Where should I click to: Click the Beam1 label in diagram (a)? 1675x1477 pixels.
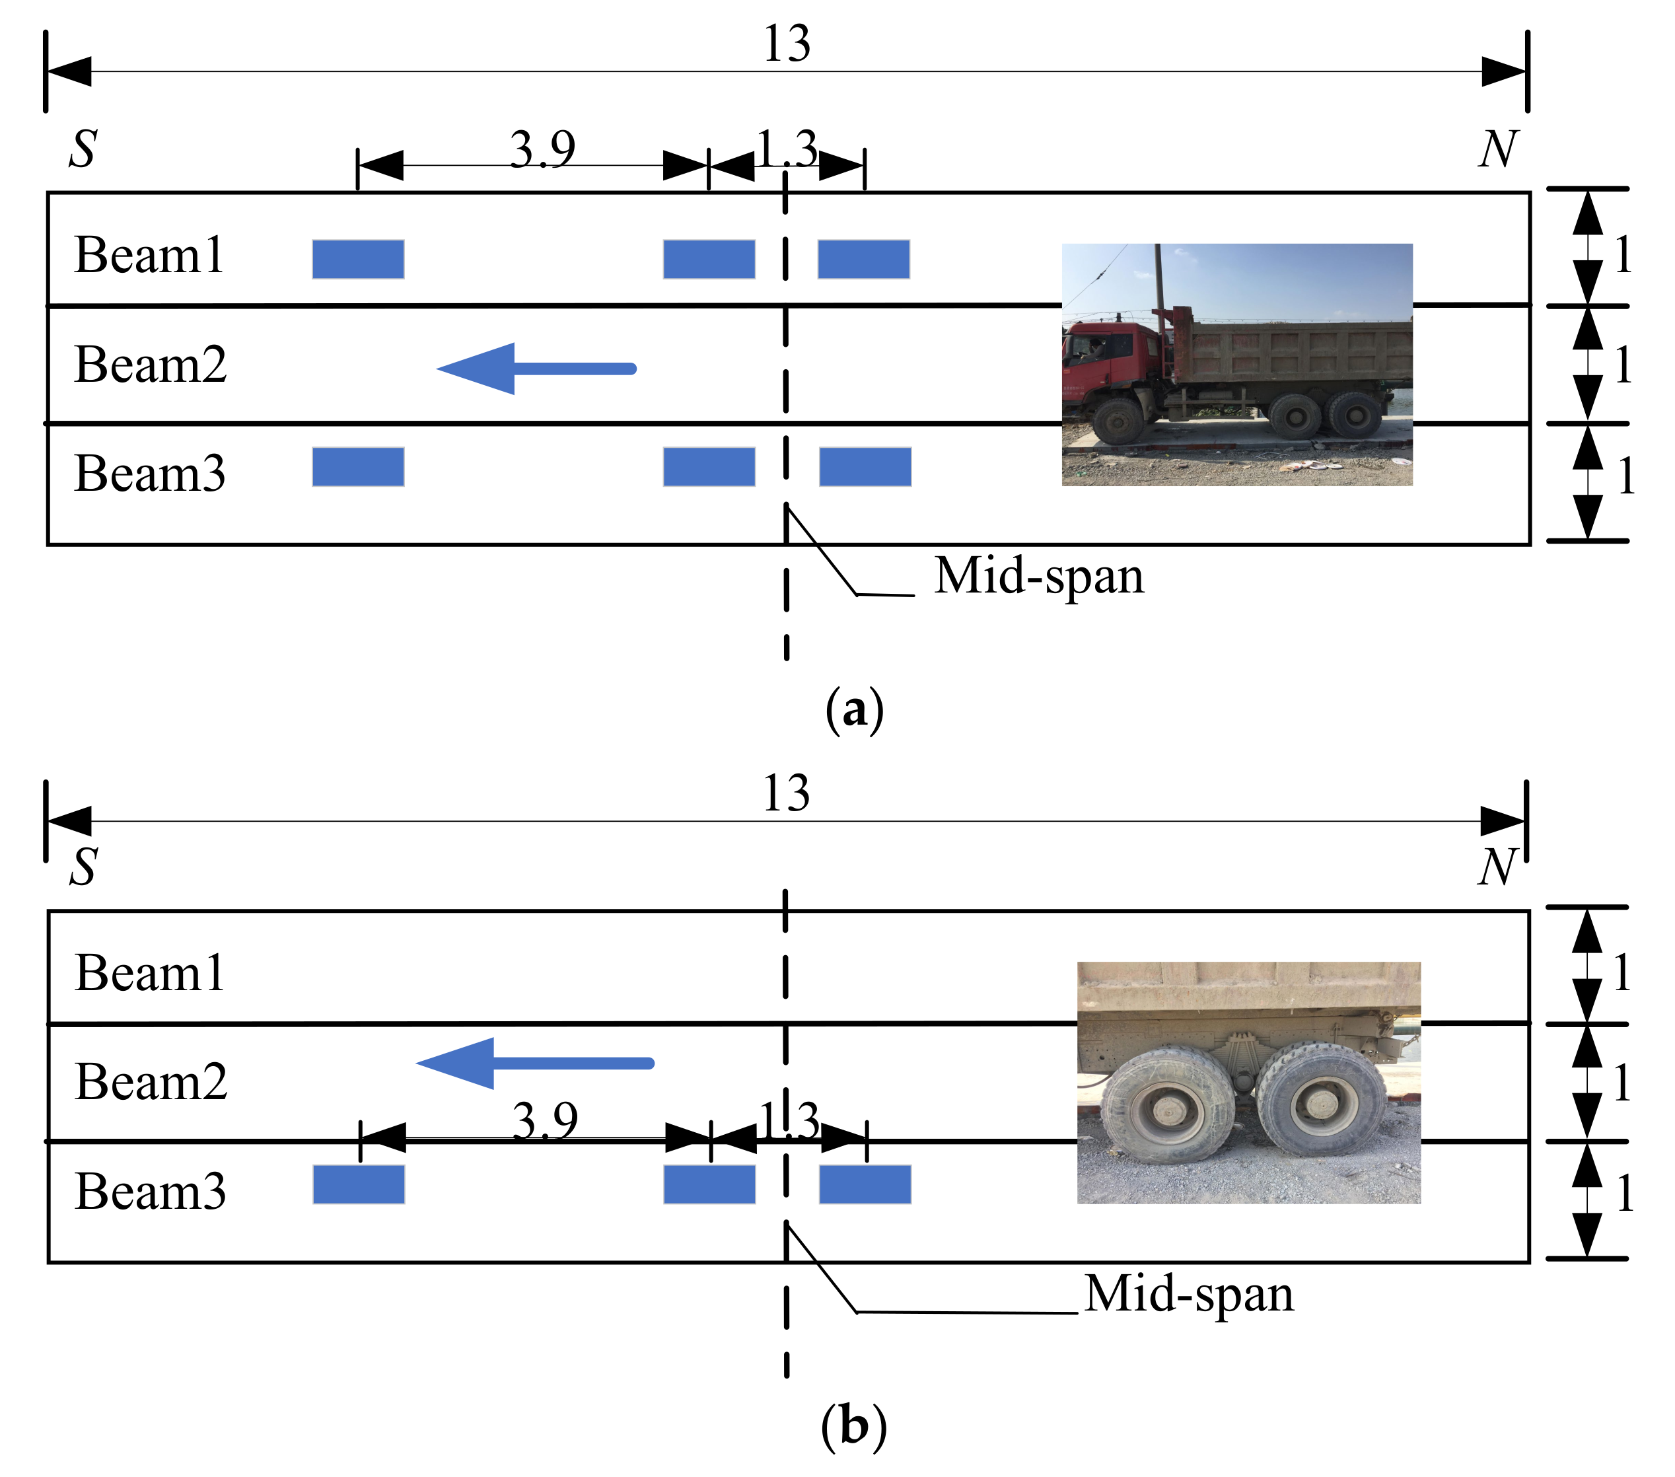point(149,255)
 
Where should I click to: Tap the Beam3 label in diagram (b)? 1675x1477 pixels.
point(150,1191)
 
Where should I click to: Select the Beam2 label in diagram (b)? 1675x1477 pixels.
point(151,1081)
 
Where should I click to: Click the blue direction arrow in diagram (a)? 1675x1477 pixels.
point(537,369)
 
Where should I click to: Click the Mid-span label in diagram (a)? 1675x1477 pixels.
point(1038,575)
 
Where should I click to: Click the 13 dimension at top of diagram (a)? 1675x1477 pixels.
point(786,44)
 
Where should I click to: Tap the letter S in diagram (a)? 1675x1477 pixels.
point(83,149)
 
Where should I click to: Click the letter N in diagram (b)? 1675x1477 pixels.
point(1497,867)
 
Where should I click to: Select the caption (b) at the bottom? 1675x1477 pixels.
point(853,1426)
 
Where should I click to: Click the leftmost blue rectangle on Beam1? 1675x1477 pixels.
point(358,259)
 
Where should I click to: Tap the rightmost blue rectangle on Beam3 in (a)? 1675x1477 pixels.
point(865,466)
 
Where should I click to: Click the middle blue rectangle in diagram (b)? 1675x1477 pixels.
point(709,1184)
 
